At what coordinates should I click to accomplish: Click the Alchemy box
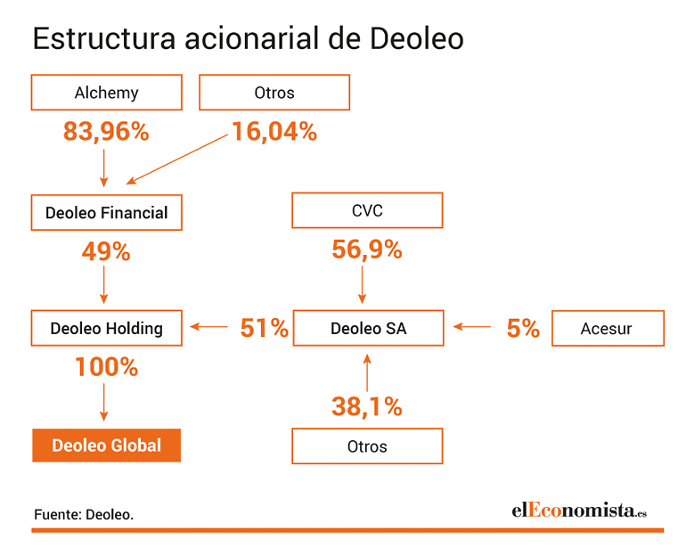tap(106, 93)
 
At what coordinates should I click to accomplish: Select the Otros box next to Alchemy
tap(274, 93)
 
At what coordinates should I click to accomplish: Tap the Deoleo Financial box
tap(106, 213)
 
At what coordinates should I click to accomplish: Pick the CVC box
tap(367, 210)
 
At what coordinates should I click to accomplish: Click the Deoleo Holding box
tap(106, 328)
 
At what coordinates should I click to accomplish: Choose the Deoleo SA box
tap(368, 328)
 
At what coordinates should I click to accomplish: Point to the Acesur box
tap(608, 328)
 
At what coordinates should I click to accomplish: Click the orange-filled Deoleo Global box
tap(106, 446)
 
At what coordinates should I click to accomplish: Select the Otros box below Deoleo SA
tap(367, 446)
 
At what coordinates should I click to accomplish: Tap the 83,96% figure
tap(106, 131)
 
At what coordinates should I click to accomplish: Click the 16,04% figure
tap(274, 131)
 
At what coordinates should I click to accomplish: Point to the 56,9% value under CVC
tap(367, 249)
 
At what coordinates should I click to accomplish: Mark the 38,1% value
tap(367, 406)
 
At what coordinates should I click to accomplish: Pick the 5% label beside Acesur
tap(523, 328)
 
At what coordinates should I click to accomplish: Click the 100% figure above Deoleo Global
tap(106, 366)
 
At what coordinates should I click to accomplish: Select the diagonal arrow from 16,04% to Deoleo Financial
tap(176, 159)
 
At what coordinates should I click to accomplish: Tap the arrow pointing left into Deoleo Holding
tap(208, 326)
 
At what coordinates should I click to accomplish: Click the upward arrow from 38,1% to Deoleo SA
tap(367, 372)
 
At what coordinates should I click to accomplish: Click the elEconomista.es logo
tap(579, 511)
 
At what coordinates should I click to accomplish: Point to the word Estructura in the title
tap(104, 38)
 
